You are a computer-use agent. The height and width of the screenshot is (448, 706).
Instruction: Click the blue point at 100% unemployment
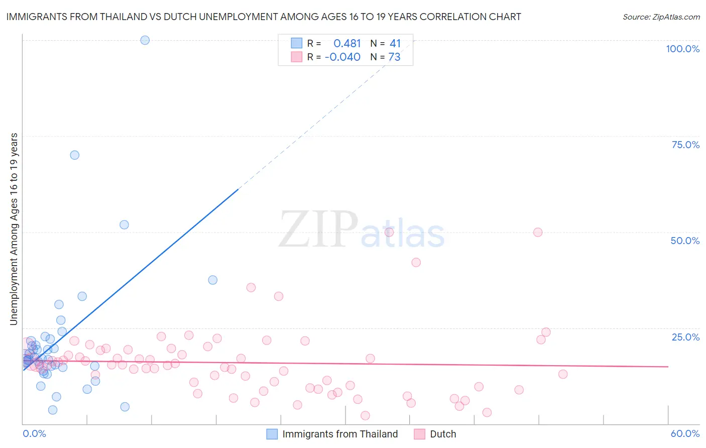click(x=145, y=40)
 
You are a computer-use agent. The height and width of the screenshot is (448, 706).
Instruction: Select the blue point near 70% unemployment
click(x=74, y=155)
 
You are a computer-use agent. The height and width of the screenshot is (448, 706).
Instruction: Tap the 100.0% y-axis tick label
click(x=682, y=49)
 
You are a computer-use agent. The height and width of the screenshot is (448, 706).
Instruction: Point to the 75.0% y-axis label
click(x=685, y=145)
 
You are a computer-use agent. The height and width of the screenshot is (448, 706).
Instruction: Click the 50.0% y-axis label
click(x=685, y=241)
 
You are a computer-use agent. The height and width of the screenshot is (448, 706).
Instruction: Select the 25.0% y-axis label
click(x=685, y=337)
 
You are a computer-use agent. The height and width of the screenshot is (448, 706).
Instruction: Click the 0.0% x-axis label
click(x=34, y=433)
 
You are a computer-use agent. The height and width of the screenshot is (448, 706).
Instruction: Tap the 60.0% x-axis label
click(x=685, y=433)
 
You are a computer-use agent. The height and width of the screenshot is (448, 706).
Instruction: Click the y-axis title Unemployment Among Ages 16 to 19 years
click(x=14, y=229)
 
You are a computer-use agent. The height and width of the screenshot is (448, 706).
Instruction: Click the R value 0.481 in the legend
click(x=347, y=44)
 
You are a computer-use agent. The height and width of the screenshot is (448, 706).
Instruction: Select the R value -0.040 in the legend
click(x=342, y=57)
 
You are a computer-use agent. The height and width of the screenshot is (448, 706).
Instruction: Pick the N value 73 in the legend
click(x=394, y=57)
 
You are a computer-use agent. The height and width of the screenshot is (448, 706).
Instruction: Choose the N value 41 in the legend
click(x=395, y=44)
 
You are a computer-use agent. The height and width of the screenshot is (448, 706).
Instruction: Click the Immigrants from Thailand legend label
click(x=340, y=434)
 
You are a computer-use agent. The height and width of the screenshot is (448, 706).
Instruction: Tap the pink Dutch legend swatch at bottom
click(x=419, y=434)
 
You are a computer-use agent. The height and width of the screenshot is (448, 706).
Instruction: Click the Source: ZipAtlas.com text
click(x=661, y=17)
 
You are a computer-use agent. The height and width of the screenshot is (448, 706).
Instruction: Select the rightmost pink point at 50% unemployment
click(x=538, y=232)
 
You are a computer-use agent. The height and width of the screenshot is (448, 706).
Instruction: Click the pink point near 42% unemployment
click(x=416, y=262)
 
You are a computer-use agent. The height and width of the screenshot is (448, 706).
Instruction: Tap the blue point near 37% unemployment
click(x=212, y=280)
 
